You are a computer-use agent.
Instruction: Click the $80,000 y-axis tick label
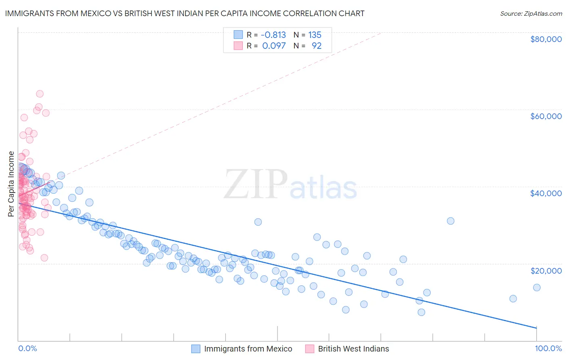pos(546,39)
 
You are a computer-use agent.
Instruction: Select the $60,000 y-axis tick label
pos(546,116)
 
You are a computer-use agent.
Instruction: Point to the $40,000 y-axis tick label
pos(546,193)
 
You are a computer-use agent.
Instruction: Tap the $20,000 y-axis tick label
pos(546,270)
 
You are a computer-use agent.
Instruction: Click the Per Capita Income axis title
pos(11,184)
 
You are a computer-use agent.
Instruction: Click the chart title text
pos(185,13)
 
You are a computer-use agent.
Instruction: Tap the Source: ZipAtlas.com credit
pos(531,13)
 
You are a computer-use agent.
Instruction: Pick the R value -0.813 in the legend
pos(273,35)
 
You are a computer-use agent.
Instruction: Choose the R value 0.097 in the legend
pos(274,46)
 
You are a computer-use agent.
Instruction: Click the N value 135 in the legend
pos(315,35)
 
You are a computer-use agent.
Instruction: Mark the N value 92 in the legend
pos(317,46)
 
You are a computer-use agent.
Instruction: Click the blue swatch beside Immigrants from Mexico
pos(196,349)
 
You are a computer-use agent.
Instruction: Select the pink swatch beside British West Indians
pos(309,349)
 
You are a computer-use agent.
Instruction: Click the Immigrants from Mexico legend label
pos(248,349)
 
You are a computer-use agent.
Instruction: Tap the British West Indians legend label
pos(353,349)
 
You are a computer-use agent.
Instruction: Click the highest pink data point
pos(40,94)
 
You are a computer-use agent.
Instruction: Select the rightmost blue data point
pos(536,287)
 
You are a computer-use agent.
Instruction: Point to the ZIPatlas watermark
pos(290,185)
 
